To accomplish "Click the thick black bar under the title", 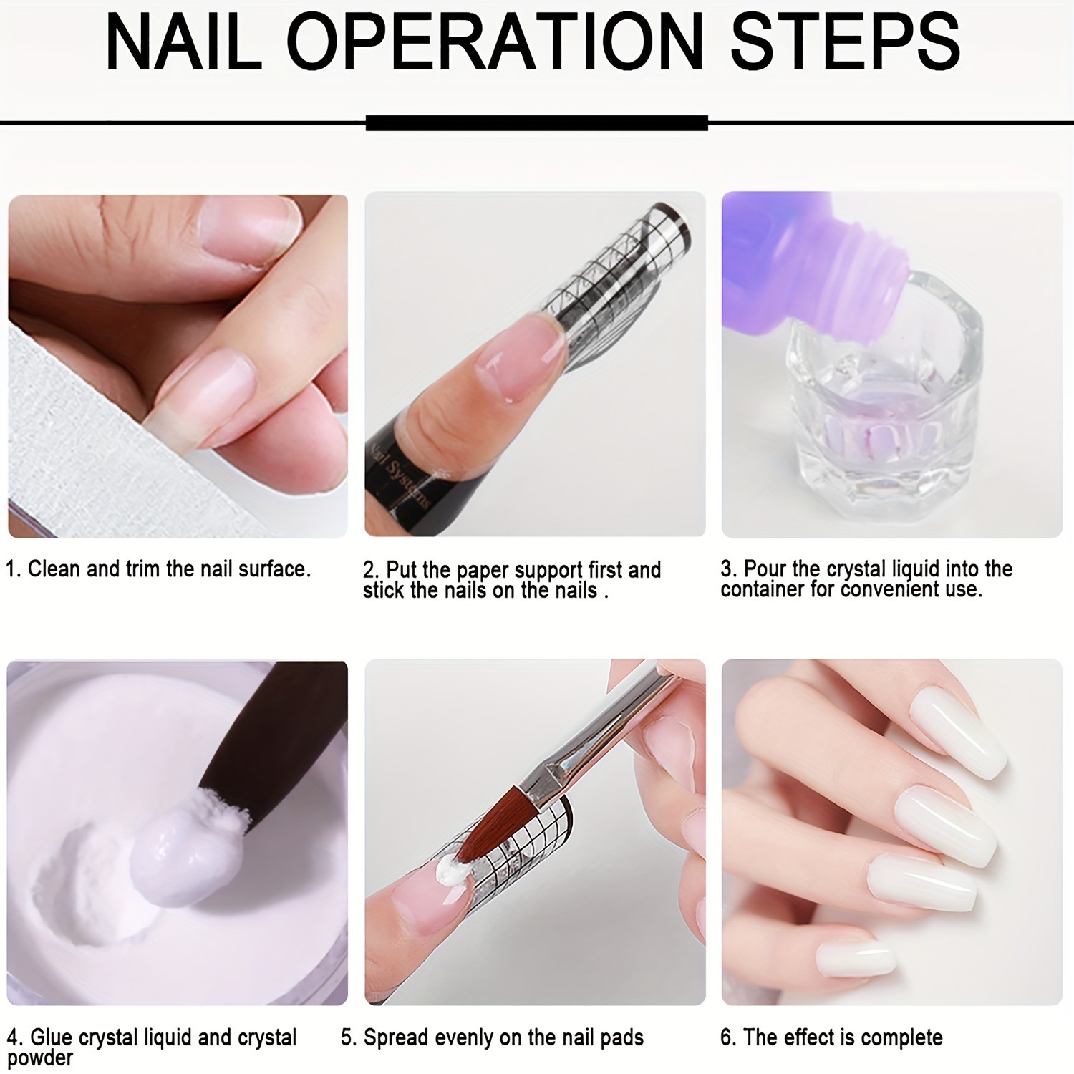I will [536, 123].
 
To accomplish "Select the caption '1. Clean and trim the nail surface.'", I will [158, 569].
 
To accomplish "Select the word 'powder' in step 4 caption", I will [40, 1058].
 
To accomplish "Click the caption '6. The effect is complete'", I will [831, 1037].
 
